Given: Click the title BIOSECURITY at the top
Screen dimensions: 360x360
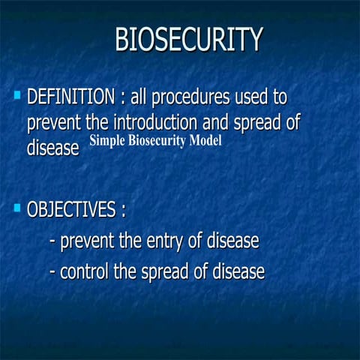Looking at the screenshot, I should (188, 40).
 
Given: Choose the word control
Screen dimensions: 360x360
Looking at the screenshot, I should (84, 271).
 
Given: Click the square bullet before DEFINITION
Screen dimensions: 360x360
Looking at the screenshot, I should (16, 95).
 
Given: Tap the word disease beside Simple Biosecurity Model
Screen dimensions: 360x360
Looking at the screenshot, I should (52, 148).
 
